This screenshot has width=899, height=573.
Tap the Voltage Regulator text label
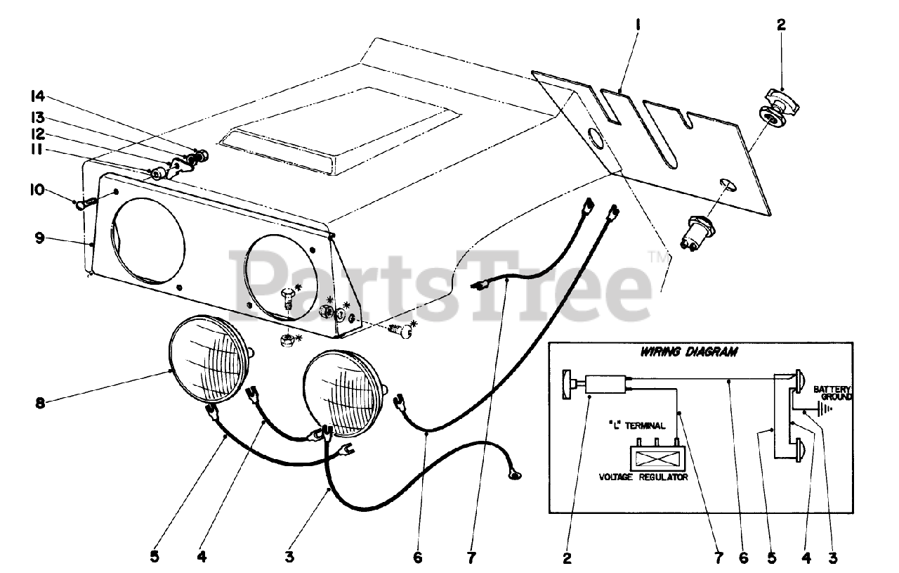(x=643, y=477)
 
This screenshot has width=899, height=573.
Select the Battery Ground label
(x=832, y=393)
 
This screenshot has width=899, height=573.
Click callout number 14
(x=37, y=96)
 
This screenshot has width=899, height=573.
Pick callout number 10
(x=37, y=190)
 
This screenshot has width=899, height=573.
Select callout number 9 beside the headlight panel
(x=38, y=238)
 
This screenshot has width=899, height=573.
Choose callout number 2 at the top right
(x=782, y=25)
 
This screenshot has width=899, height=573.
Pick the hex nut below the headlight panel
(x=287, y=341)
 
